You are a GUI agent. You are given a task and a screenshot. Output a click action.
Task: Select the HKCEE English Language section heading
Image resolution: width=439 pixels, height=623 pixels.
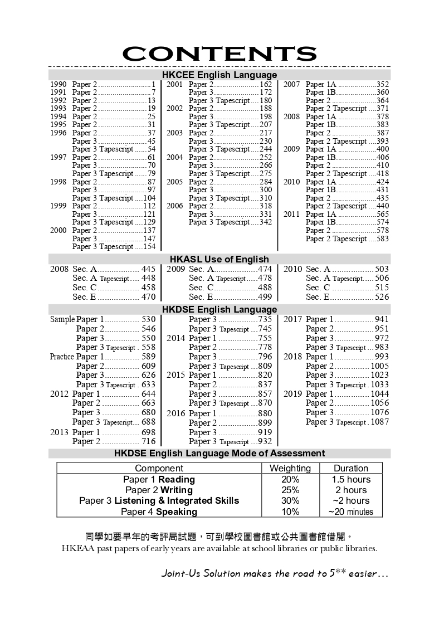(219, 75)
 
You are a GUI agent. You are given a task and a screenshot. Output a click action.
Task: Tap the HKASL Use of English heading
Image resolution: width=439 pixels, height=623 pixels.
(219, 259)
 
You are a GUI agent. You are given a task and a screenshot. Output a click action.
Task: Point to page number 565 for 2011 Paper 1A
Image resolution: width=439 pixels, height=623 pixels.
(382, 214)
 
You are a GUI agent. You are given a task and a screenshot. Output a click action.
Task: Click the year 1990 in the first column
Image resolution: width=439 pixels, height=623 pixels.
(58, 85)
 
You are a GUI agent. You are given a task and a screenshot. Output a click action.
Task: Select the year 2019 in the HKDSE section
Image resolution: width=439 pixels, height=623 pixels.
(292, 394)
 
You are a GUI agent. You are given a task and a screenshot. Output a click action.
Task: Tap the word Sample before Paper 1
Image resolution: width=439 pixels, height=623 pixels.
(62, 320)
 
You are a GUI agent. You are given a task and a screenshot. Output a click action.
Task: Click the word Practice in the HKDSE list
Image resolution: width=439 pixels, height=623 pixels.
(62, 357)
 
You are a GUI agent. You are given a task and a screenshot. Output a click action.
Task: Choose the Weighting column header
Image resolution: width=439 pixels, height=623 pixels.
(290, 468)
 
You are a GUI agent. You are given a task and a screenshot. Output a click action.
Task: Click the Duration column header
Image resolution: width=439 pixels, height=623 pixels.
(350, 468)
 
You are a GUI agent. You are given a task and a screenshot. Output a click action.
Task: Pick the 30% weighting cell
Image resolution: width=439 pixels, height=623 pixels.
(290, 501)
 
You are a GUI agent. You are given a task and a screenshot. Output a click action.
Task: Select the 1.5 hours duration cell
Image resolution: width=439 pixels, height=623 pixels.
(350, 479)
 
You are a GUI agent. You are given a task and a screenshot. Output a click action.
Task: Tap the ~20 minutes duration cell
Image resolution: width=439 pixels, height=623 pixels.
(350, 512)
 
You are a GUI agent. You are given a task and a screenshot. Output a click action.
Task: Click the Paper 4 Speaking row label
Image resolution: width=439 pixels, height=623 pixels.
(159, 512)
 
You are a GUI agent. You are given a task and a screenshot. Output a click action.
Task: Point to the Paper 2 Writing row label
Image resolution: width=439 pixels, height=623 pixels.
(159, 490)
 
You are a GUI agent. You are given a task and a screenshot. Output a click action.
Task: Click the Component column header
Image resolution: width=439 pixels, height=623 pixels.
(159, 468)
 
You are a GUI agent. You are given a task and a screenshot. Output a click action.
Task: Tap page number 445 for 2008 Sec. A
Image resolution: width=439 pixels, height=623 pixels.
(148, 269)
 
